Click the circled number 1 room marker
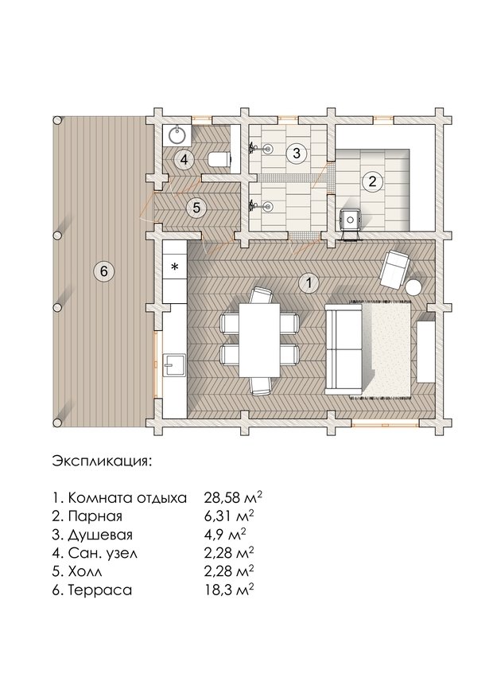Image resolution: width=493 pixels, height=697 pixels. (x=309, y=283)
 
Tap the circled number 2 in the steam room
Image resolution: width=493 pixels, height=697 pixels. (x=372, y=181)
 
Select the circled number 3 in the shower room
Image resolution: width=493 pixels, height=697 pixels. (x=297, y=154)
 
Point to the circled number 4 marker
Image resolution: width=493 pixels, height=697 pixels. (x=184, y=160)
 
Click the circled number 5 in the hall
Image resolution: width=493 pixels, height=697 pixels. (x=196, y=208)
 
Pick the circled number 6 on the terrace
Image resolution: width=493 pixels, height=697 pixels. (x=103, y=271)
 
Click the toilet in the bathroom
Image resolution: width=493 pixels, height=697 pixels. (x=219, y=159)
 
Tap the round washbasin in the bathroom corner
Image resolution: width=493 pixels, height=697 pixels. (x=178, y=134)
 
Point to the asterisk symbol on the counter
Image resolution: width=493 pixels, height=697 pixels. (x=175, y=267)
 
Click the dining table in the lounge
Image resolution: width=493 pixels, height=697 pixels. (x=259, y=340)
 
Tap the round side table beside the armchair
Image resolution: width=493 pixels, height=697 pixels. (x=414, y=287)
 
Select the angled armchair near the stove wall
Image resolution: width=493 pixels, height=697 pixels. (x=394, y=268)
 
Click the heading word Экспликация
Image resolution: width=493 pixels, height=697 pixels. (x=102, y=461)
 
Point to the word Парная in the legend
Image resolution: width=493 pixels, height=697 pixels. (x=95, y=516)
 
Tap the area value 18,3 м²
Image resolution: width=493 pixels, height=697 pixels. (x=229, y=590)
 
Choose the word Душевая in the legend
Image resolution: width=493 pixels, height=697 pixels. (x=100, y=535)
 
